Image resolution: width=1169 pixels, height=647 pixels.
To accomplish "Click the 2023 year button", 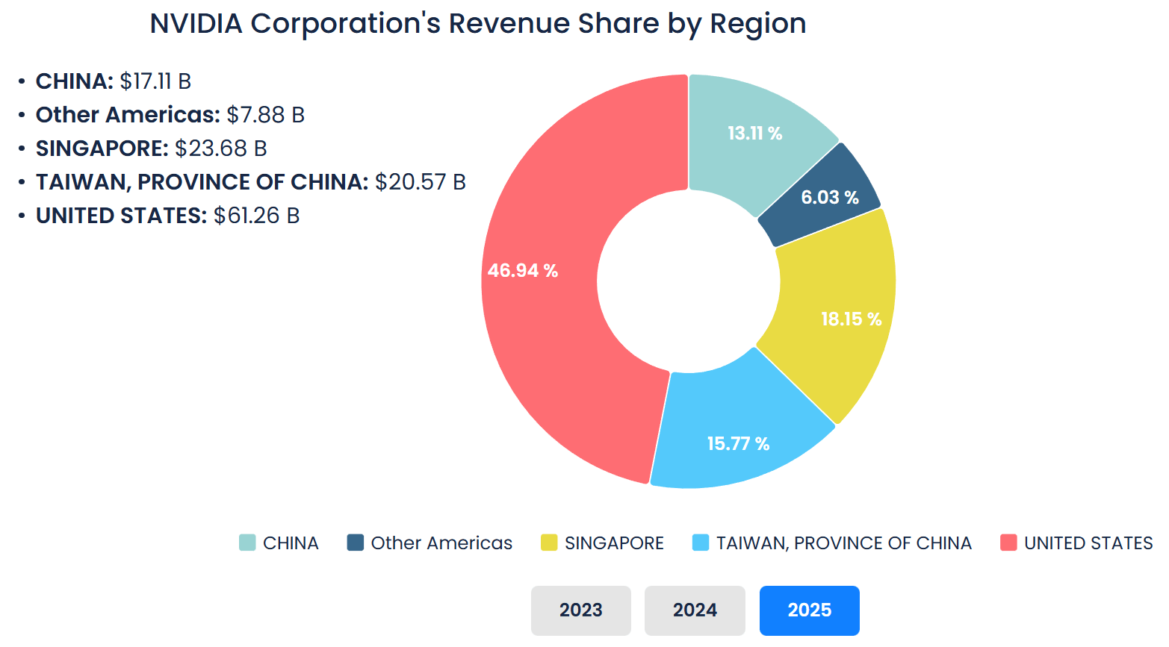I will [580, 610].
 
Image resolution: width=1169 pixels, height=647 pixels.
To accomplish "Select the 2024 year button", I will [695, 610].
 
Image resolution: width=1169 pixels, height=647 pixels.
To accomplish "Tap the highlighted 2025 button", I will [809, 610].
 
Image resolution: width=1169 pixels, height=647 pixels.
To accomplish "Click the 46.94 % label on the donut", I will [523, 270].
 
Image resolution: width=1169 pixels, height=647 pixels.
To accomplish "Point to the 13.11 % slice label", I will [754, 133].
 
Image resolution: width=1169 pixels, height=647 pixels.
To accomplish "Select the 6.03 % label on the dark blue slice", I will [830, 197].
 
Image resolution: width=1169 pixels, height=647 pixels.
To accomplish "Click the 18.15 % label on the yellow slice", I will [851, 319].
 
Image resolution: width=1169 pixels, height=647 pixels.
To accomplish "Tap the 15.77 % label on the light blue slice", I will [738, 443].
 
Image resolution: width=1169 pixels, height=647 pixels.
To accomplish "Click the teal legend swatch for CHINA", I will [247, 543].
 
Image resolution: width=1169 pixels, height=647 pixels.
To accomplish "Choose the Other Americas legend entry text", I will [441, 543].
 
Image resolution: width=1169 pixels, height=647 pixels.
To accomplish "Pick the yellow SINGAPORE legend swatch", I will [549, 543].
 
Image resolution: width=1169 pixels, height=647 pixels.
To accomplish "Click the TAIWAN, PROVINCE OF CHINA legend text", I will [843, 543].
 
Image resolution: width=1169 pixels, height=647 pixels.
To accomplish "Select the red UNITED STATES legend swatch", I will [1008, 543].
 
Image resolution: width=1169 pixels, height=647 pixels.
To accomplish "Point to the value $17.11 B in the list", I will [155, 81].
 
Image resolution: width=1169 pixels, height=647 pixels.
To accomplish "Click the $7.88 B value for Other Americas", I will [265, 114].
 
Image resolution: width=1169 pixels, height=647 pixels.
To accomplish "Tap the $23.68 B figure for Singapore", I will [220, 148].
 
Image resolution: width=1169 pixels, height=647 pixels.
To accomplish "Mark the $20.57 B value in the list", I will [420, 181].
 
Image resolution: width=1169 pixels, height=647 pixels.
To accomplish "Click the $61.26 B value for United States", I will [256, 215].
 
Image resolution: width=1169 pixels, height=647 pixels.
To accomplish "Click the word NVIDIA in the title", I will [196, 24].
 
